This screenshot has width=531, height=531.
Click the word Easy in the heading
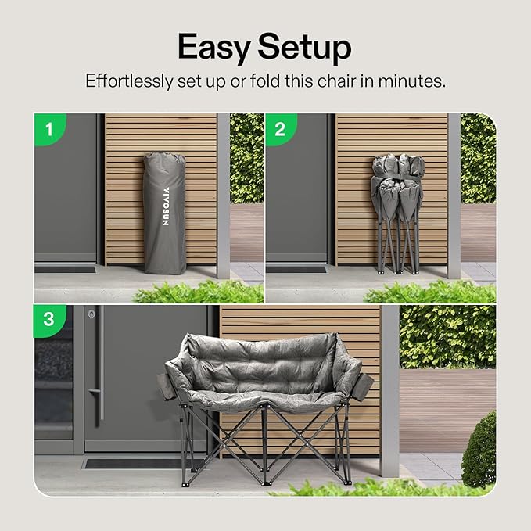click(214, 48)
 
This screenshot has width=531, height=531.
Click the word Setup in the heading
click(304, 48)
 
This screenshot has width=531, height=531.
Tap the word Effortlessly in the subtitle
click(129, 81)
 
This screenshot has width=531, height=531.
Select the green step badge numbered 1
click(50, 129)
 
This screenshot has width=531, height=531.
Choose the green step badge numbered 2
click(281, 129)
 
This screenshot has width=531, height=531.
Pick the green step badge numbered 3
click(49, 320)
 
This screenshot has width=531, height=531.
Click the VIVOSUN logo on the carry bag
click(166, 206)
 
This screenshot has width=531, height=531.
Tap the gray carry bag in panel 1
click(165, 213)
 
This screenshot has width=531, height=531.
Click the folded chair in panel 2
click(397, 213)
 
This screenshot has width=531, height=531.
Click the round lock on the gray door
click(91, 314)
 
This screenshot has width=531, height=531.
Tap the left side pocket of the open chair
click(166, 387)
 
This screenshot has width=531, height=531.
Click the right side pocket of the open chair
click(361, 387)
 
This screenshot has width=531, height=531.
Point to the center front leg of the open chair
click(264, 443)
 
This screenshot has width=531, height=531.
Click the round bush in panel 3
click(479, 450)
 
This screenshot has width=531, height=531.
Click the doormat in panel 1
click(66, 270)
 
